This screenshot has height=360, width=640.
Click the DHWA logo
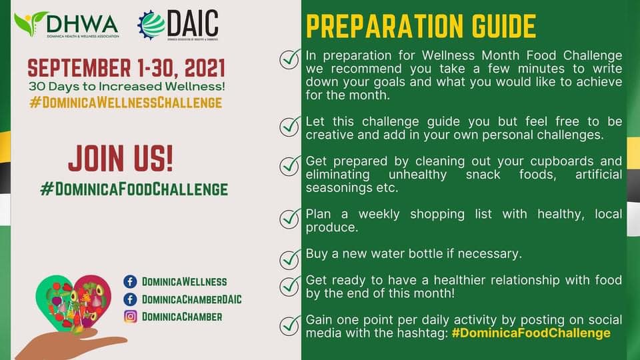(x=67, y=25)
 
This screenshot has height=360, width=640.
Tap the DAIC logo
(x=178, y=25)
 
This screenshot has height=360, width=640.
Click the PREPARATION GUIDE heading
(x=421, y=26)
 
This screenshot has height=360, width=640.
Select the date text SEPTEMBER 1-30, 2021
(x=126, y=68)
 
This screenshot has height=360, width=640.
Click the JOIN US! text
(x=121, y=159)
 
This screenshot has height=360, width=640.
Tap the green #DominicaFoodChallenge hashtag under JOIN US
(x=134, y=189)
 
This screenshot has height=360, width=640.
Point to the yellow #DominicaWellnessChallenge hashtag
(x=126, y=103)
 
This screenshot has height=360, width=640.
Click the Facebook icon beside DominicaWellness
(x=130, y=281)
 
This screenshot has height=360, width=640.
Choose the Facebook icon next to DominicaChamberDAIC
(x=130, y=299)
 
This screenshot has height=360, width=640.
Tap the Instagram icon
(x=130, y=317)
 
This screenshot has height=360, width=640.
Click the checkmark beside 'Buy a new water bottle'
(x=290, y=259)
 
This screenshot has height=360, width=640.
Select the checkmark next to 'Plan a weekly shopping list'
(x=290, y=219)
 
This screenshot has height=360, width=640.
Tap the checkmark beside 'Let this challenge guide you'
(x=290, y=127)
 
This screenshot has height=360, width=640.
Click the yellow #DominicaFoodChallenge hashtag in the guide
(x=531, y=333)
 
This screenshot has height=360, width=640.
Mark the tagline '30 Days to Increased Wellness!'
(x=127, y=87)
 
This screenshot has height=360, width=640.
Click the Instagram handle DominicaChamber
(x=182, y=317)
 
